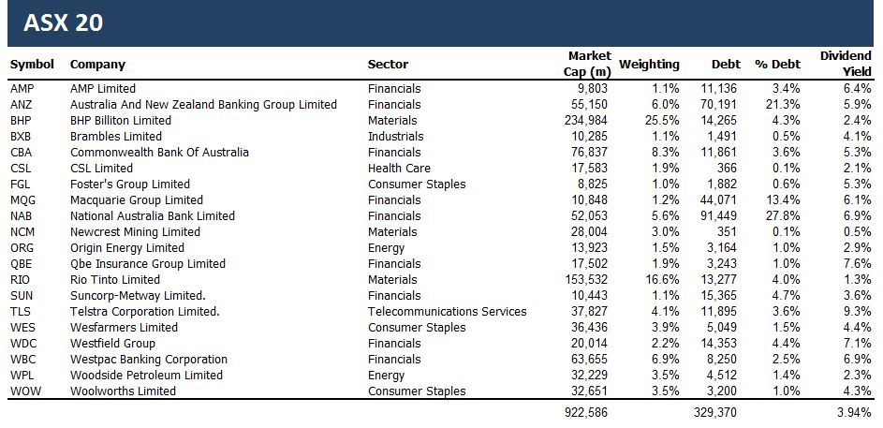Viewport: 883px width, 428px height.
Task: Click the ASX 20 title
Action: (x=63, y=23)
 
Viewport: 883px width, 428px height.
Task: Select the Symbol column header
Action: (x=32, y=65)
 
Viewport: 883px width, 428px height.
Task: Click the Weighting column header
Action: (x=649, y=65)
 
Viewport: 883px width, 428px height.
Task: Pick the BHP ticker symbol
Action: (x=21, y=120)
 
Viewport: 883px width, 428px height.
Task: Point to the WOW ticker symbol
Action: (x=23, y=391)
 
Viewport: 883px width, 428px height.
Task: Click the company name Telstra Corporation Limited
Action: (x=144, y=311)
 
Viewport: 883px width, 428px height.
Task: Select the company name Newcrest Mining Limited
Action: (x=135, y=231)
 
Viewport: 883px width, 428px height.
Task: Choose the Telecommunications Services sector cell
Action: (x=447, y=311)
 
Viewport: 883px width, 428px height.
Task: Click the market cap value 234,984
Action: (x=588, y=120)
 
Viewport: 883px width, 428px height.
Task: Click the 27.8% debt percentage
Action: (x=783, y=215)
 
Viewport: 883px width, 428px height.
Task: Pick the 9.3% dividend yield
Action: (x=858, y=311)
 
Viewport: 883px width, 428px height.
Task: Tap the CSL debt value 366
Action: (x=728, y=168)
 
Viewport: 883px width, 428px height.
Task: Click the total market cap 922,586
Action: (x=588, y=412)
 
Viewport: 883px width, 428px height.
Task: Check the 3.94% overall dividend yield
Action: (x=853, y=412)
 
